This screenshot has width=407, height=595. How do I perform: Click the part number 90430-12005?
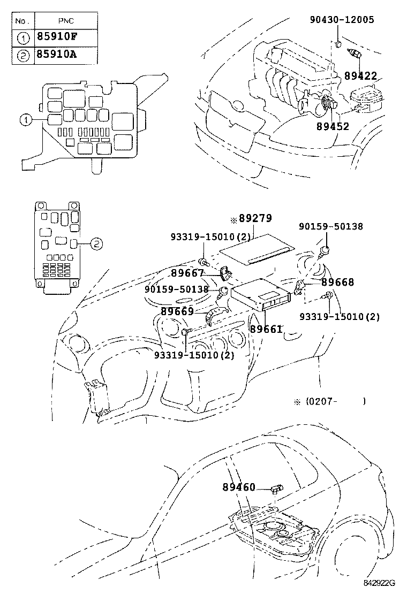[341, 20]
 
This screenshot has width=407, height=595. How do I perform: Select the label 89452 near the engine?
[332, 126]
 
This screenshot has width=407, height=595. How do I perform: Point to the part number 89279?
[255, 218]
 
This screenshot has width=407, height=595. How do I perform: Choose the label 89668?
[338, 282]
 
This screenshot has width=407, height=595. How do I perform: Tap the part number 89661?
[266, 330]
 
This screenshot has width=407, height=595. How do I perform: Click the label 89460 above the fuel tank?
[239, 487]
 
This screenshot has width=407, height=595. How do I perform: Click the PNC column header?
[66, 21]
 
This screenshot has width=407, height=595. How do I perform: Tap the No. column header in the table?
[21, 21]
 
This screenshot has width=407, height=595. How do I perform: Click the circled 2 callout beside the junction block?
[95, 243]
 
